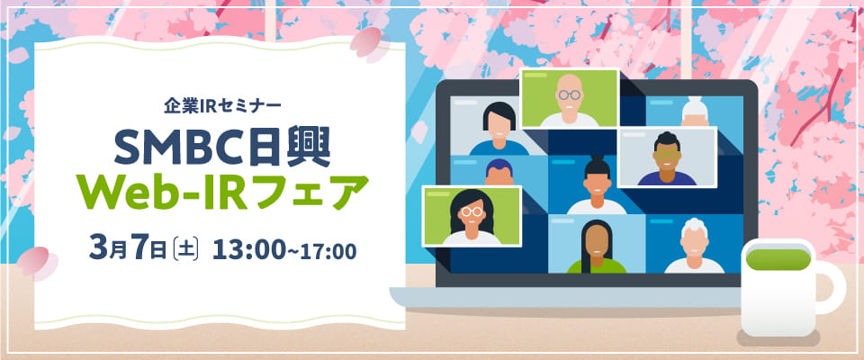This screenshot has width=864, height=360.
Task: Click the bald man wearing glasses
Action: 569,98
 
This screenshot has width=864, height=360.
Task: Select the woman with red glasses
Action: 472,216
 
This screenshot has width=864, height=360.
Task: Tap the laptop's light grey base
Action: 576,295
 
